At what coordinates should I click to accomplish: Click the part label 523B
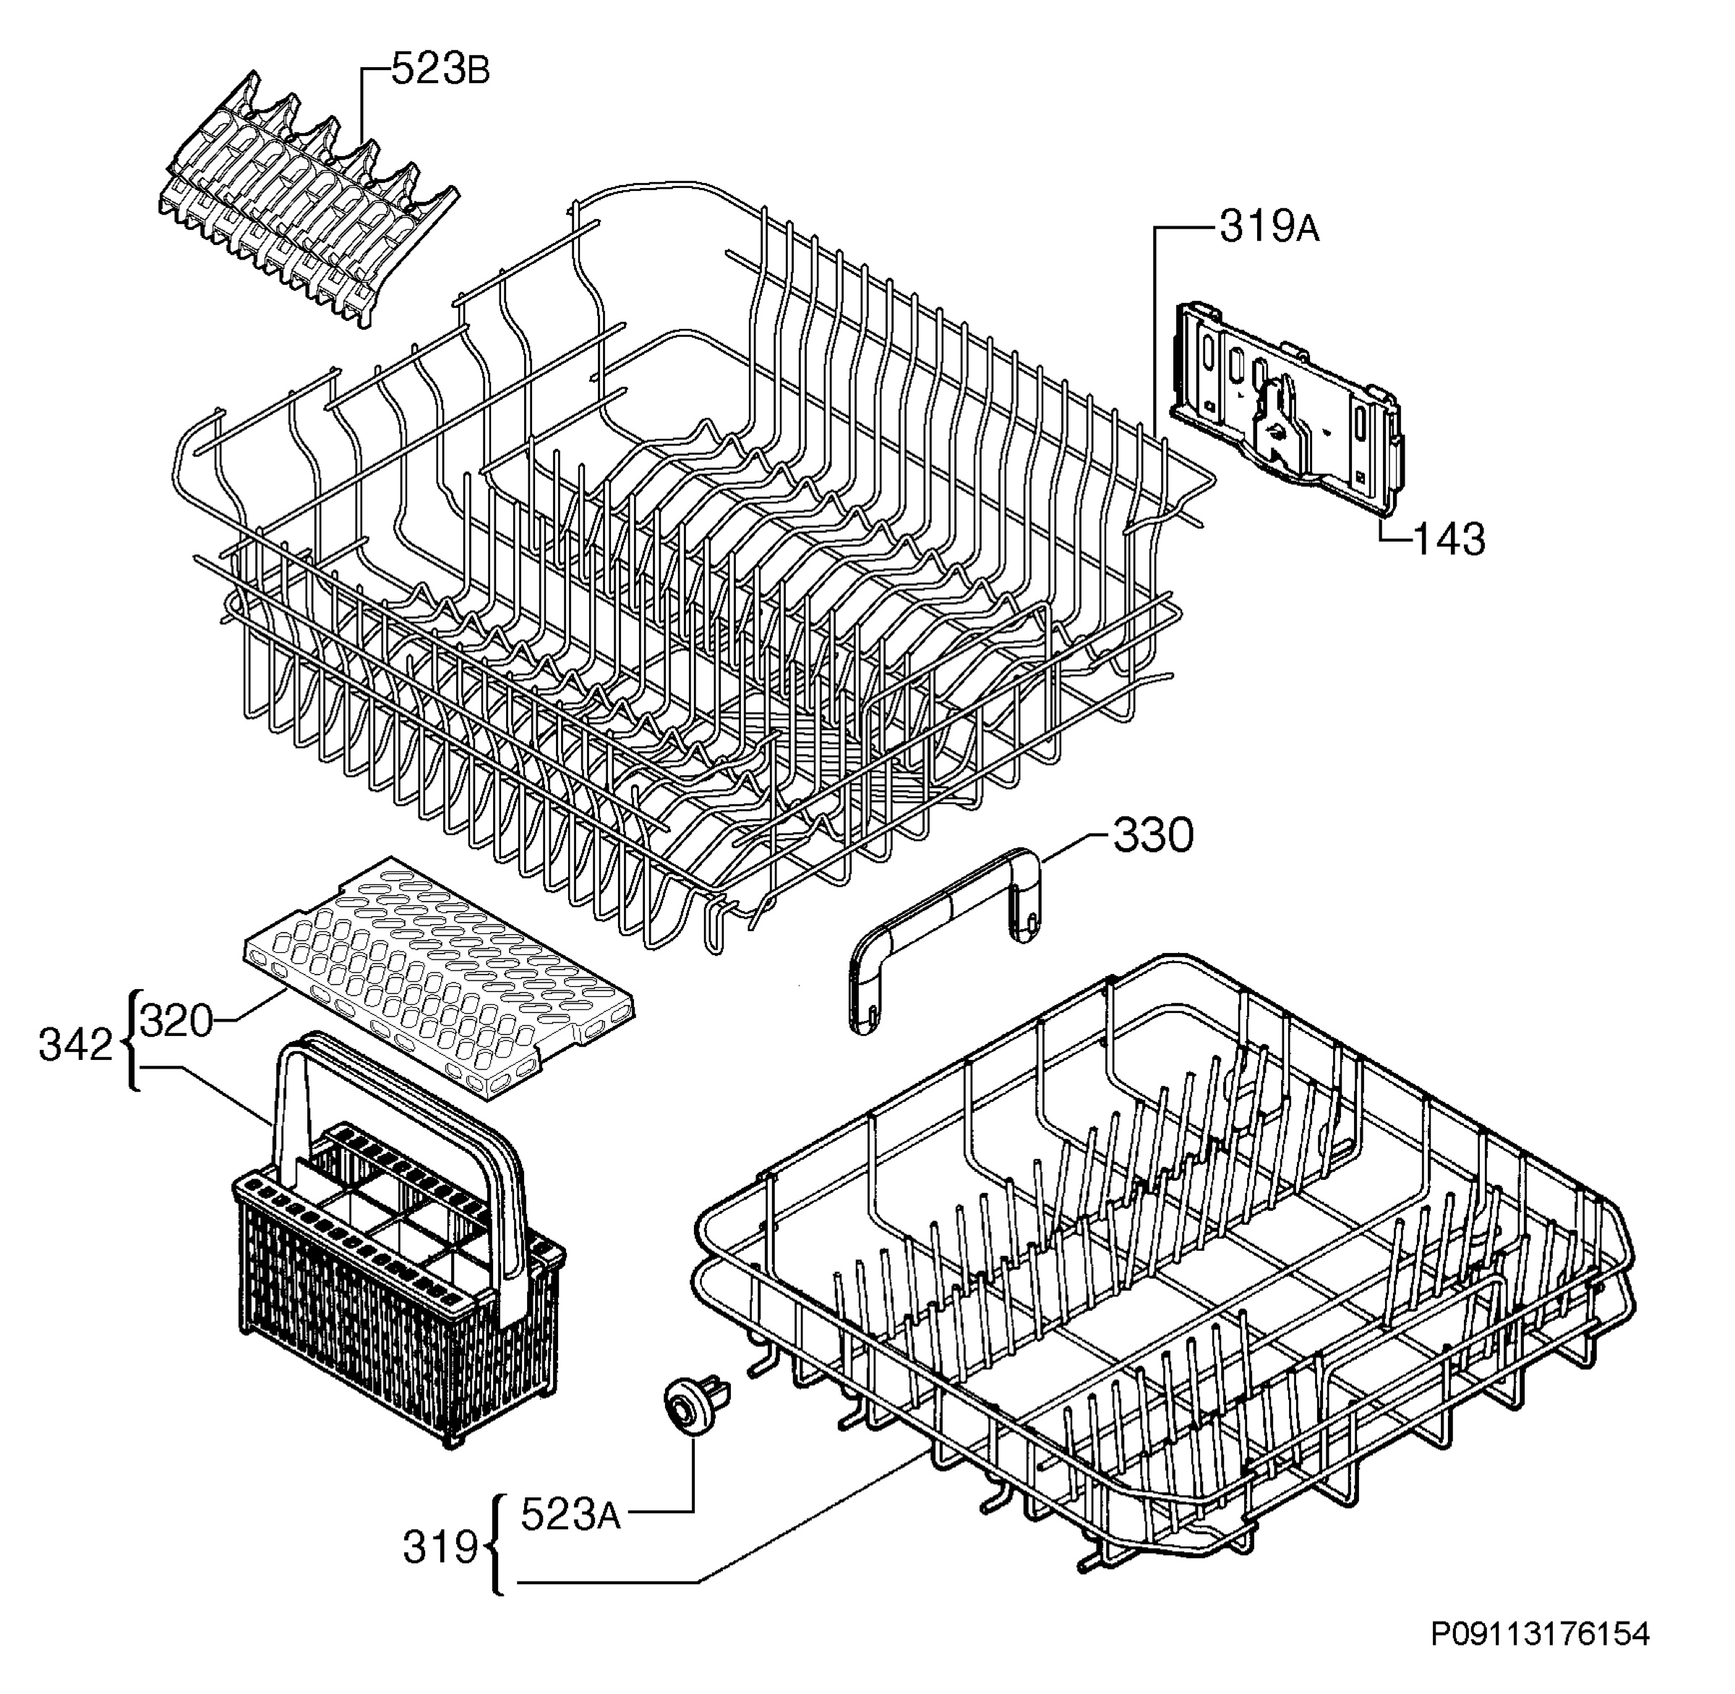point(440,70)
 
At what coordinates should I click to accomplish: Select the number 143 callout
point(1449,539)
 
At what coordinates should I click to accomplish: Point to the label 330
point(1153,837)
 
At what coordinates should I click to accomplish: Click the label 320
point(177,1022)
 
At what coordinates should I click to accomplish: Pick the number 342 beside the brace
point(76,1046)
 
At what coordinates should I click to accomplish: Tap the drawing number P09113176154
point(1540,1659)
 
